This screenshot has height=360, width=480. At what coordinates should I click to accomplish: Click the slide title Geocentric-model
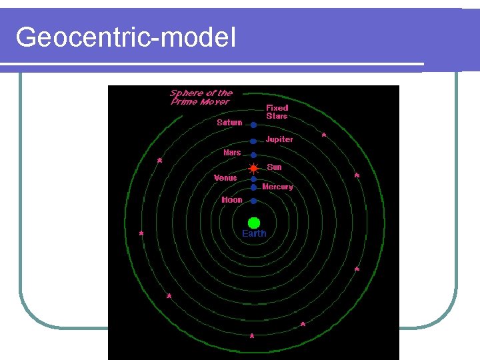(125, 37)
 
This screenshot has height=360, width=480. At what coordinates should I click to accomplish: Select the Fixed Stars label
(277, 111)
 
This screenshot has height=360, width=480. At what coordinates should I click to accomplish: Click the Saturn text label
(229, 123)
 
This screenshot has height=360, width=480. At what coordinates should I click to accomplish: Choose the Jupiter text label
(279, 139)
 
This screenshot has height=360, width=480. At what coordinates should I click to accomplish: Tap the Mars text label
(232, 153)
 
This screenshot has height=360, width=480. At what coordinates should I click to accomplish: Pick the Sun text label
(274, 167)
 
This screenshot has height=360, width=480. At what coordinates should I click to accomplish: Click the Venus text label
(225, 178)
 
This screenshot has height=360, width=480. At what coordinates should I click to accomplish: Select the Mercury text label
(277, 187)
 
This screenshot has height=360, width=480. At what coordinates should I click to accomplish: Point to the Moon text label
(232, 200)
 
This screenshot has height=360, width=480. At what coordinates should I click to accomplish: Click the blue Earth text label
(254, 233)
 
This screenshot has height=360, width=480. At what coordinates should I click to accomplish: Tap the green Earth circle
(253, 222)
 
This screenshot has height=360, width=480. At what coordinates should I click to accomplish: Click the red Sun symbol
(253, 168)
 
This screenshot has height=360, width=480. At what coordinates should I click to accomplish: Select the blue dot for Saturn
(253, 125)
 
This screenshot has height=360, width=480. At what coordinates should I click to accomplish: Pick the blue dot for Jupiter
(253, 141)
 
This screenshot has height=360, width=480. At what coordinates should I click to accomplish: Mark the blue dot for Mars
(253, 155)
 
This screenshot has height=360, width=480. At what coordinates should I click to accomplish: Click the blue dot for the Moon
(253, 201)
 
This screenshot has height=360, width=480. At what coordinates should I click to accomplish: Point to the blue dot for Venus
(253, 179)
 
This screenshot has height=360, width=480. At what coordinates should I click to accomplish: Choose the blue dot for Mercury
(253, 187)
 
